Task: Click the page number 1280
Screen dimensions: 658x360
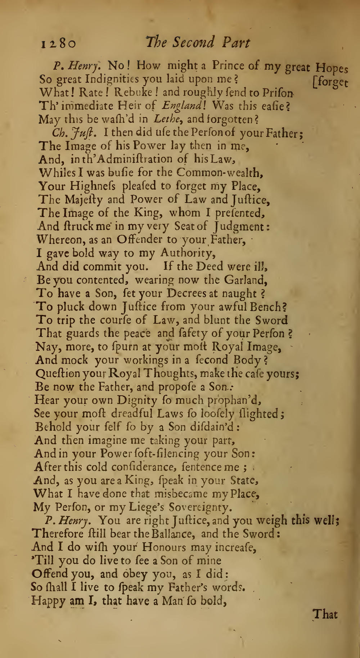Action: tap(58, 44)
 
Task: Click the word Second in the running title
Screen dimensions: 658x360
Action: tap(194, 42)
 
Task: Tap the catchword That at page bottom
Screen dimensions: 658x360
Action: tap(325, 614)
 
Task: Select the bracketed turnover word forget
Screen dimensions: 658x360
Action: tap(331, 82)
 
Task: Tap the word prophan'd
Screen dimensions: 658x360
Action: tap(234, 400)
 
